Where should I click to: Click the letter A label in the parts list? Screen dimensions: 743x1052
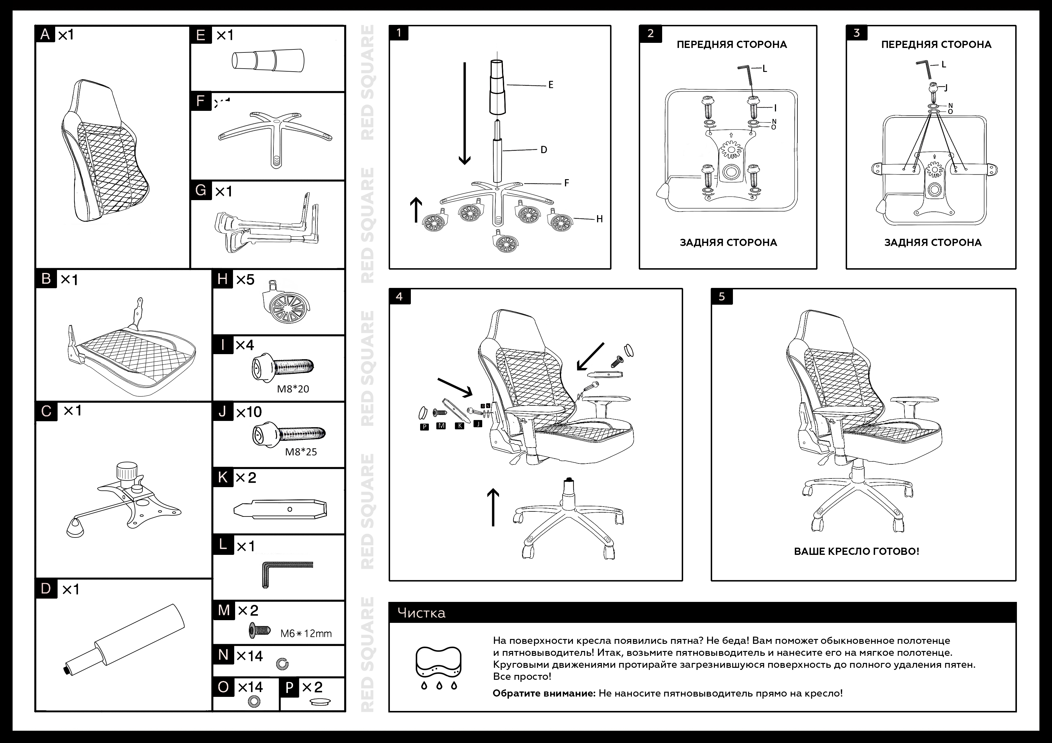[x=45, y=34]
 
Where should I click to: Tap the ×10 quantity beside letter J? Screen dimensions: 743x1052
[x=249, y=412]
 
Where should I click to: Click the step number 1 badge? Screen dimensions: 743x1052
[x=399, y=33]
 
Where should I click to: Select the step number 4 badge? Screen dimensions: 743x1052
[x=399, y=297]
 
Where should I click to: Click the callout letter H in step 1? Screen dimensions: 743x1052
[x=599, y=219]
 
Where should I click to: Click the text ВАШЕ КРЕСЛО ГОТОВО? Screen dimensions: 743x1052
[x=856, y=551]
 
